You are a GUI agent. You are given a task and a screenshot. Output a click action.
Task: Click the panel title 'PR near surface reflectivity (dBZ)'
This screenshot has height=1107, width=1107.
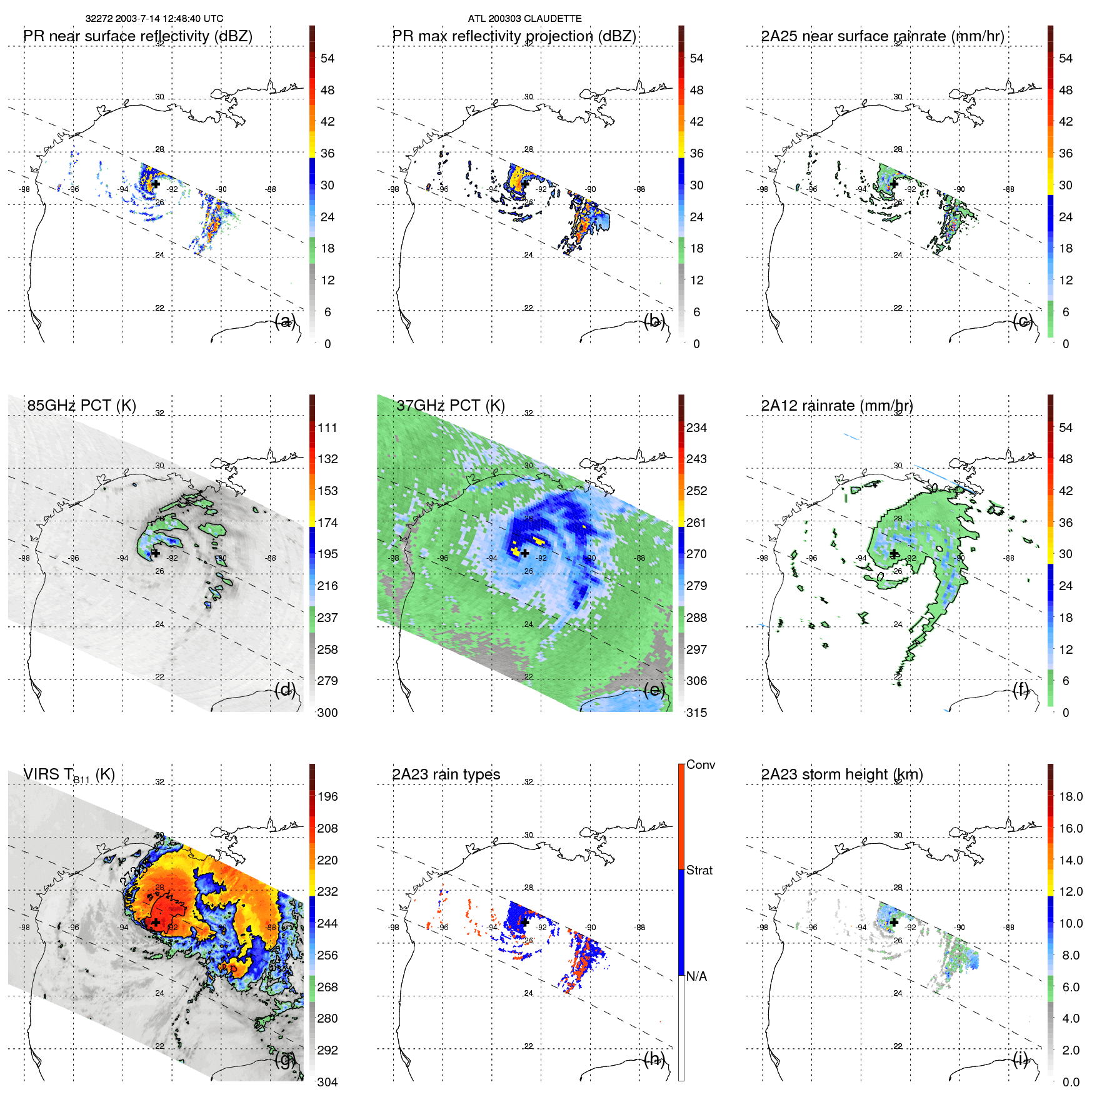click(138, 36)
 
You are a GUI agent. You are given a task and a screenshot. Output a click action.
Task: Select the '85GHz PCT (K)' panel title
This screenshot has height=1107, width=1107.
click(81, 406)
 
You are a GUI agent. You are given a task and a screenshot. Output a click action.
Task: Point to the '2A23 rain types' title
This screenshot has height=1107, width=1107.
click(446, 774)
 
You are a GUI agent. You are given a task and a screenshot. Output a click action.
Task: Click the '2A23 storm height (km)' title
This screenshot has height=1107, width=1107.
click(841, 774)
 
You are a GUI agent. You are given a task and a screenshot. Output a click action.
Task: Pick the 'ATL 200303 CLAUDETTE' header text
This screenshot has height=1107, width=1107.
click(524, 19)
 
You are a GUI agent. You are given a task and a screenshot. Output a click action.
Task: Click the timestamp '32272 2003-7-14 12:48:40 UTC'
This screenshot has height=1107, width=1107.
click(154, 19)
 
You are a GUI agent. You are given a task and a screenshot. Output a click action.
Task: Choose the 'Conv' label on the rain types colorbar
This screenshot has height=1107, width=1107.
click(700, 764)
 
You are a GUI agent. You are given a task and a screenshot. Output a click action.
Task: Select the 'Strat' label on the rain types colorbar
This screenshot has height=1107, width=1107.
click(699, 870)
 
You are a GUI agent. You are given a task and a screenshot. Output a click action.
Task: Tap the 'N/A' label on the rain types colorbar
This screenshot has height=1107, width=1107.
click(696, 976)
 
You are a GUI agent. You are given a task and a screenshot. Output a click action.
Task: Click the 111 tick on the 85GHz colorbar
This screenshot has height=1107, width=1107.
click(327, 428)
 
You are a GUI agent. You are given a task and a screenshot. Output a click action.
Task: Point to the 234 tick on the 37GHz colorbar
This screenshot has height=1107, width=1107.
click(696, 428)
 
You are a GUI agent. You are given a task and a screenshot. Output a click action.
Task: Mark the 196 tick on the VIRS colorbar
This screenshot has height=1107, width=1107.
click(327, 797)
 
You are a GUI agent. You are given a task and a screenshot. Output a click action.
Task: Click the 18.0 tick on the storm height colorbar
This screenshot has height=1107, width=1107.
click(1070, 797)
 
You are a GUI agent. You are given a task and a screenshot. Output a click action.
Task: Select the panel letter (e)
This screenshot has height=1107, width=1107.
click(654, 690)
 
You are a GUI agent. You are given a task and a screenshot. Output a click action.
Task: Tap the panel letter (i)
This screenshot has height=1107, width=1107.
click(1021, 1059)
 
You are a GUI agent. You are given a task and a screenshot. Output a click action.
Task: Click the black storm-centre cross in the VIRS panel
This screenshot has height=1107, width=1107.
click(155, 922)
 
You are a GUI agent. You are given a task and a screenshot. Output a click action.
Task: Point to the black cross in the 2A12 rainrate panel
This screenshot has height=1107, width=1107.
click(894, 553)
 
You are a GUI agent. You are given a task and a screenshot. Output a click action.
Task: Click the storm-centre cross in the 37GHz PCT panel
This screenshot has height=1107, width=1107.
click(525, 553)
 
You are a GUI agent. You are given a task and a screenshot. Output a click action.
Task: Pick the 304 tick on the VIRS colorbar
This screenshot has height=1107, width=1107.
click(327, 1082)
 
